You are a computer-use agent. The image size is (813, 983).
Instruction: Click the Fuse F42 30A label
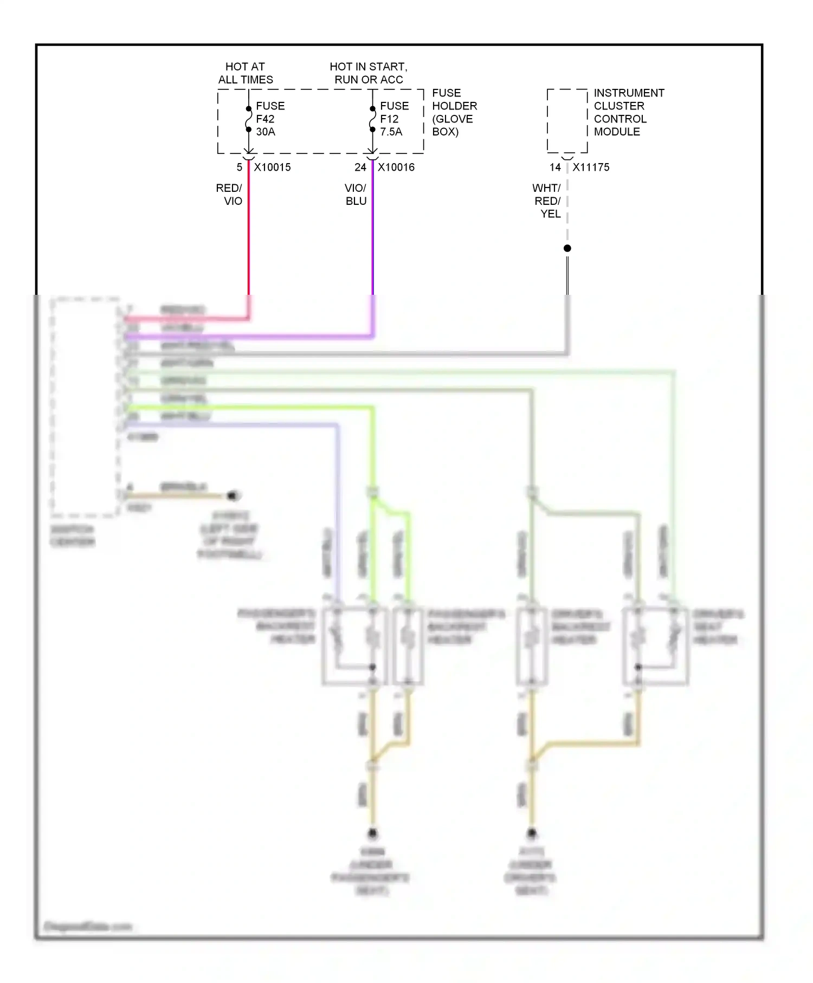tap(269, 119)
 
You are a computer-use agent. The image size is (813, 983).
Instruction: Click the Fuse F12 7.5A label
tap(394, 119)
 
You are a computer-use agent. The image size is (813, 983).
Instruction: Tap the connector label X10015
tap(272, 167)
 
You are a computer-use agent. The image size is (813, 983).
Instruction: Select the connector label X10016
tap(396, 167)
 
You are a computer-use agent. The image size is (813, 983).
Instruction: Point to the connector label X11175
tap(591, 167)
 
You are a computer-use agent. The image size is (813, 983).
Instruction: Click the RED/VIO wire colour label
tap(229, 195)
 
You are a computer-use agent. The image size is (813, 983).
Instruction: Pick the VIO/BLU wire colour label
tap(356, 195)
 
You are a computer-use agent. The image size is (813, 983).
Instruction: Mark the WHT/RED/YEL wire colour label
tap(547, 201)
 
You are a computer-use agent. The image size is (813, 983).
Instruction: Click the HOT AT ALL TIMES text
tap(246, 73)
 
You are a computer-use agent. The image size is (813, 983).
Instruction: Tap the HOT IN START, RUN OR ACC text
tap(369, 73)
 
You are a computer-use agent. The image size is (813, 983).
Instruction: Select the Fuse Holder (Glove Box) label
tap(454, 112)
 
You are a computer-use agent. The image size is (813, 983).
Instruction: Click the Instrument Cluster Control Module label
tap(628, 112)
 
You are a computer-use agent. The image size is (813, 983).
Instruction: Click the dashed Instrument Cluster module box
tap(567, 121)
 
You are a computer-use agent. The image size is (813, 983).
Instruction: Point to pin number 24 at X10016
tap(360, 167)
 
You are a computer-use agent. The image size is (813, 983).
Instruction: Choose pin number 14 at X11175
tap(555, 167)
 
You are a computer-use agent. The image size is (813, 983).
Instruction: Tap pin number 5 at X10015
tap(240, 167)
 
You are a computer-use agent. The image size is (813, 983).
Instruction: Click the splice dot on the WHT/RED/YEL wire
tap(567, 248)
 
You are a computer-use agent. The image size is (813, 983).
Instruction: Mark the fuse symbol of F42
tap(249, 119)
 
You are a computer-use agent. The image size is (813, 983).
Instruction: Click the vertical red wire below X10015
tap(249, 233)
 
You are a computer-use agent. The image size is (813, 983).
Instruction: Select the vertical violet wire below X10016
tap(372, 233)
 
